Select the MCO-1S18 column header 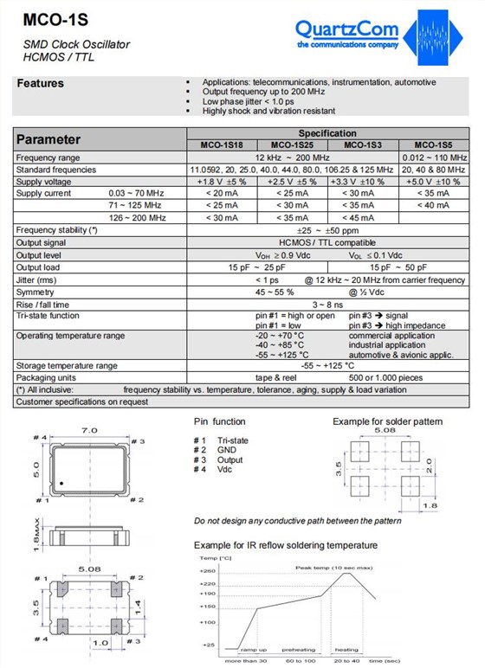(221, 145)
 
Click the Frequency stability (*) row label (57, 230)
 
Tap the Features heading (41, 84)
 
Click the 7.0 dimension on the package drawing (89, 430)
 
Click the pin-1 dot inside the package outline (61, 482)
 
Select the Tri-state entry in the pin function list (232, 440)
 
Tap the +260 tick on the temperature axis (207, 571)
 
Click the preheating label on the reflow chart (299, 649)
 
